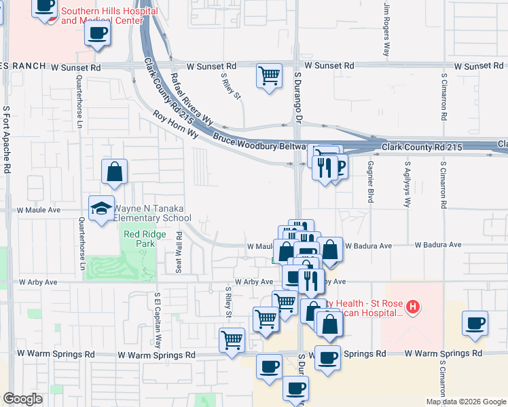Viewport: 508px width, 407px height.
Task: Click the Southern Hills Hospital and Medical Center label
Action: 109,16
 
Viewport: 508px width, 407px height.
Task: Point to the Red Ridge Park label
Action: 139,238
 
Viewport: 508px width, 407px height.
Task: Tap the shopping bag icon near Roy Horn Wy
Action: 115,173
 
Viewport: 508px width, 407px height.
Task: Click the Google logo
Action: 22,399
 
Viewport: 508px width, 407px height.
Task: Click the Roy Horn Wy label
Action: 175,125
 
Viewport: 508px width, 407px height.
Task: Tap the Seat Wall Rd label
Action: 179,252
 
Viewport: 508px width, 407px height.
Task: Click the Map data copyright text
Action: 465,402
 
